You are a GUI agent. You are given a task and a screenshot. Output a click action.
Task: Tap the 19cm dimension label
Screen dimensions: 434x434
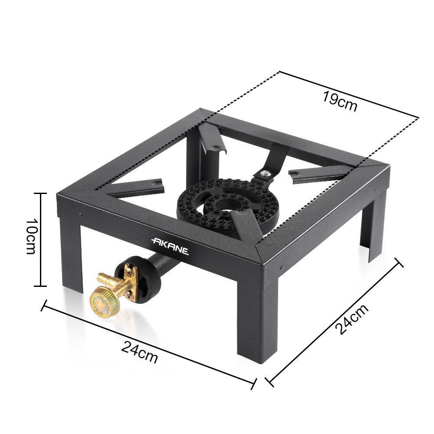[340, 101]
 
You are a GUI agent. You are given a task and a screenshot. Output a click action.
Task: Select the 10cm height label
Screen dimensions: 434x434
[30, 236]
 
